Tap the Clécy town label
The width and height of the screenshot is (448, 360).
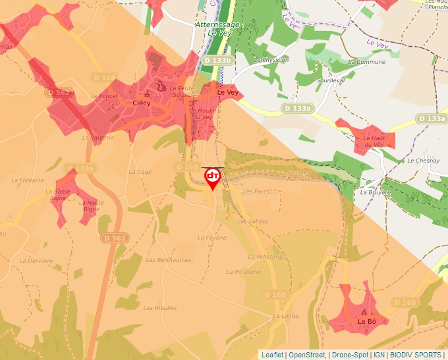tap(142, 103)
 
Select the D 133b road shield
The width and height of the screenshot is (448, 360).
tap(217, 60)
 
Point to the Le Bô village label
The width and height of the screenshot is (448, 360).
tap(367, 321)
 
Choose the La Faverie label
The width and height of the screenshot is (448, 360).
tap(212, 237)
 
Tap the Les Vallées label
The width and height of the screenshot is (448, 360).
tap(253, 222)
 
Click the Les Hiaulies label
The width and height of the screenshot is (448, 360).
tap(160, 307)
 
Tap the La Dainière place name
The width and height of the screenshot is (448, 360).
tap(36, 261)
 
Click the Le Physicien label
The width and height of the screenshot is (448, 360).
tap(271, 59)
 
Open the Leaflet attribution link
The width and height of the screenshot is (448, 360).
tap(272, 355)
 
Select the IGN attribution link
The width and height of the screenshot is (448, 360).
tap(379, 355)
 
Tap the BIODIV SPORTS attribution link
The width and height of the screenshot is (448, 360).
tap(416, 355)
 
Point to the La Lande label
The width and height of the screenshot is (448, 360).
tap(285, 316)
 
